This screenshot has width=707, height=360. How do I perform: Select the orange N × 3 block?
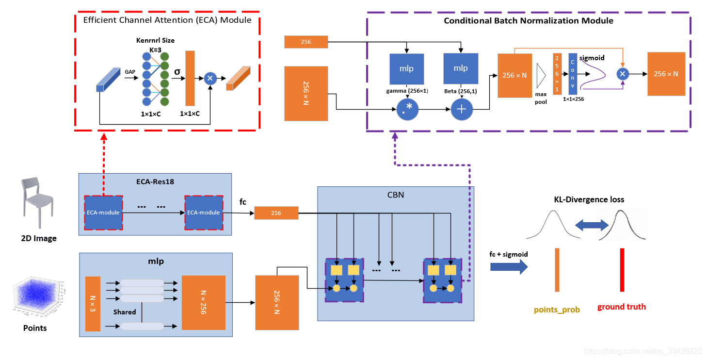pyautogui.click(x=93, y=304)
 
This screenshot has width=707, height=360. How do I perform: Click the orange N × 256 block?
pyautogui.click(x=203, y=302)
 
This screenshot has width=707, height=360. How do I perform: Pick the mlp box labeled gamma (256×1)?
pyautogui.click(x=407, y=68)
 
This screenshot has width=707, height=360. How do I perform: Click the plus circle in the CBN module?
pyautogui.click(x=461, y=110)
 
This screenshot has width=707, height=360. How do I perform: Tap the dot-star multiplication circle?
pyautogui.click(x=407, y=110)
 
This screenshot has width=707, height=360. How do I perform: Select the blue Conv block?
pyautogui.click(x=573, y=74)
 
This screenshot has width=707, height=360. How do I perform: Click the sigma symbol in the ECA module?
pyautogui.click(x=177, y=71)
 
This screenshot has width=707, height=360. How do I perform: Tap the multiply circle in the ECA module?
pyautogui.click(x=210, y=78)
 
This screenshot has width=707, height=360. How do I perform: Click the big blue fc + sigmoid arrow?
pyautogui.click(x=509, y=266)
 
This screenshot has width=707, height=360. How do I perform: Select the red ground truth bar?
pyautogui.click(x=622, y=270)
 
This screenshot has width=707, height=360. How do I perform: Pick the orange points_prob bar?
pyautogui.click(x=557, y=270)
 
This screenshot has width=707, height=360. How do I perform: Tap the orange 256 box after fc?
pyautogui.click(x=276, y=213)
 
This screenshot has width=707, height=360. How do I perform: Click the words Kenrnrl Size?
pyautogui.click(x=155, y=40)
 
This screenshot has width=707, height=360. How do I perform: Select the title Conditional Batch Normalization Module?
pyautogui.click(x=529, y=21)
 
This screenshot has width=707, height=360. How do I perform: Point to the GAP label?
pyautogui.click(x=130, y=72)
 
